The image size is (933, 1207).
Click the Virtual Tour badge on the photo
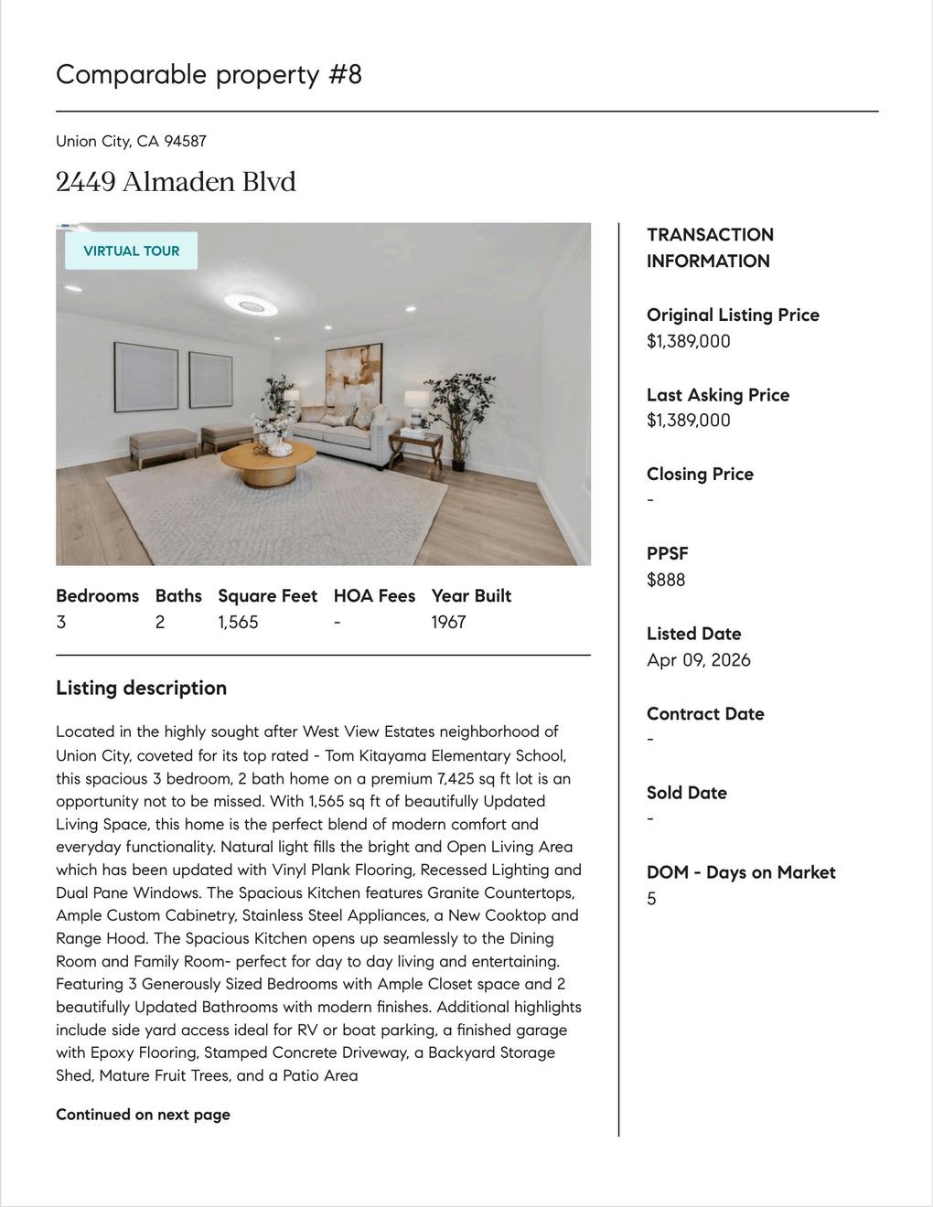[131, 251]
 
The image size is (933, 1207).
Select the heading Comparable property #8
[209, 74]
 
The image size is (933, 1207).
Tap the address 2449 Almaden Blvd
[176, 182]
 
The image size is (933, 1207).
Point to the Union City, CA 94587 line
[131, 141]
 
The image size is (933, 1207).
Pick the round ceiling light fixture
[251, 304]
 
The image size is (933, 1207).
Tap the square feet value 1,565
[238, 622]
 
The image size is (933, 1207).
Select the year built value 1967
[448, 622]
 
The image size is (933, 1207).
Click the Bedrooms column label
[97, 595]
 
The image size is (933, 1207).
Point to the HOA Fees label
[374, 595]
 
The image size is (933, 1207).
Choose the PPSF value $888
[666, 580]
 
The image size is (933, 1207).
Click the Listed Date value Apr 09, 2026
[698, 660]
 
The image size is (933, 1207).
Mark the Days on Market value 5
[651, 899]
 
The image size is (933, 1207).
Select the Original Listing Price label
[733, 315]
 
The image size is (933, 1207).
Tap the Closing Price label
[700, 474]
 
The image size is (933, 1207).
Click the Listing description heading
[141, 688]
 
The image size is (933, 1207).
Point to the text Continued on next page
[143, 1115]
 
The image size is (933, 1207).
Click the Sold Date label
[686, 793]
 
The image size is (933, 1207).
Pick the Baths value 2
[160, 622]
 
